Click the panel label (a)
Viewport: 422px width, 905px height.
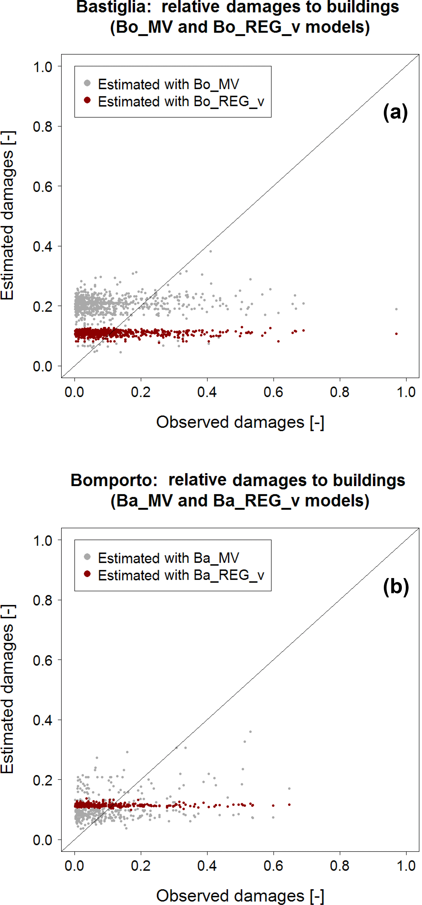pyautogui.click(x=395, y=112)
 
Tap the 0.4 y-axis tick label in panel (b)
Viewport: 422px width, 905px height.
pyautogui.click(x=42, y=720)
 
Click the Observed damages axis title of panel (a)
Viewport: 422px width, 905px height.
pyautogui.click(x=240, y=422)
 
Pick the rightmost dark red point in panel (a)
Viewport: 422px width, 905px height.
pyautogui.click(x=396, y=334)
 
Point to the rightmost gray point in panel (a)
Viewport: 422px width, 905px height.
pyautogui.click(x=396, y=309)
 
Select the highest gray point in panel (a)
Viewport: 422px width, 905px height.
pyautogui.click(x=210, y=251)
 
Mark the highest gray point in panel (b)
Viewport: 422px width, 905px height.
pyautogui.click(x=250, y=731)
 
